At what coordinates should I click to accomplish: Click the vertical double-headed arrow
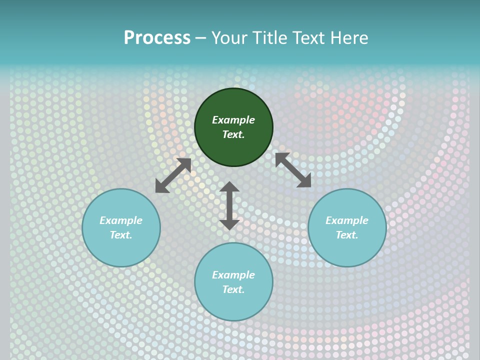[x=229, y=205]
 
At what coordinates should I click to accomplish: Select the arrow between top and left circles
[x=173, y=175]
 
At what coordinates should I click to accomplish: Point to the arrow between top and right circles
[x=293, y=170]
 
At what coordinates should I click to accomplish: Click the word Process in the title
[x=157, y=38]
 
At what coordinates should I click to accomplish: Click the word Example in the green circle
[x=233, y=120]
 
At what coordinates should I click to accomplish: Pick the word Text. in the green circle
[x=233, y=134]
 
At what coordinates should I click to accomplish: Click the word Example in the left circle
[x=121, y=220]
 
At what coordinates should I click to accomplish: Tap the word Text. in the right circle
[x=347, y=235]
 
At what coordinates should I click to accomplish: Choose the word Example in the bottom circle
[x=233, y=275]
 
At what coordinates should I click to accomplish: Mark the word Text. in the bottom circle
[x=233, y=289]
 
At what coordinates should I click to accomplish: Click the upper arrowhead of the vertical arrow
[x=229, y=187]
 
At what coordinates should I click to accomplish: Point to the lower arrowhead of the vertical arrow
[x=229, y=224]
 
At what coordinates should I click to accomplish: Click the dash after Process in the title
[x=201, y=38]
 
